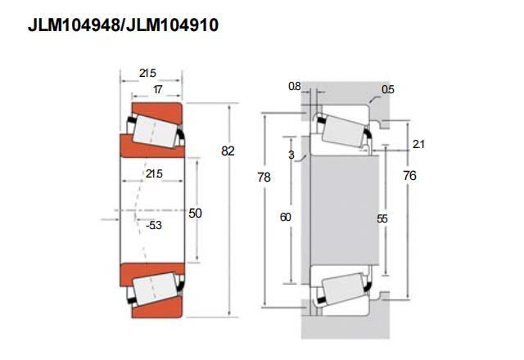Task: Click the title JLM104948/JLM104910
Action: (124, 25)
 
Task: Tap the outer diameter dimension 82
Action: (228, 151)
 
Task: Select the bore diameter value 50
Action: (195, 213)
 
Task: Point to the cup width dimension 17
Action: (158, 89)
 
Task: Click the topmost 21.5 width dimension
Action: (147, 73)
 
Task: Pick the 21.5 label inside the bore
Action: (154, 173)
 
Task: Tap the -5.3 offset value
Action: (154, 226)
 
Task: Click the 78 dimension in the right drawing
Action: (264, 177)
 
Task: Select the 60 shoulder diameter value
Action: (286, 218)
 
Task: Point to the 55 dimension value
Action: (382, 218)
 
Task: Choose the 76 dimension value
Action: (409, 176)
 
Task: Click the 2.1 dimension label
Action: (418, 144)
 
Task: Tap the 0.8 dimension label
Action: (295, 86)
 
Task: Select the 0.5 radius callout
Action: (388, 89)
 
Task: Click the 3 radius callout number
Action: (291, 155)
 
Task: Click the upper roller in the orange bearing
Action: (154, 131)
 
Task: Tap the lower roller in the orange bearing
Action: (154, 289)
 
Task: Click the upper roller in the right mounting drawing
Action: (344, 131)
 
